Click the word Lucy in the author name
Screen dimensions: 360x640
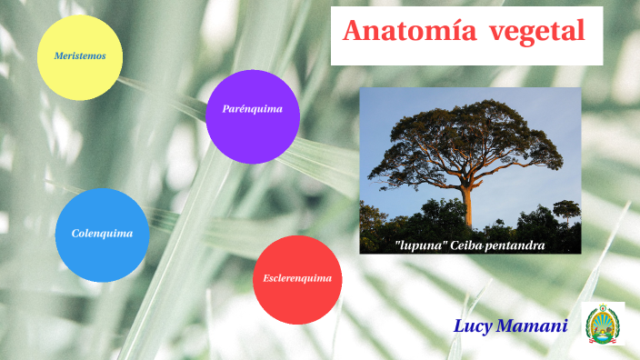pyautogui.click(x=473, y=325)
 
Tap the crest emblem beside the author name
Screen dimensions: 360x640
pyautogui.click(x=603, y=324)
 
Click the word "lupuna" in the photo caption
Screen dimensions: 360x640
pyautogui.click(x=418, y=245)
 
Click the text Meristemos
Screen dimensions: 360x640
pyautogui.click(x=79, y=56)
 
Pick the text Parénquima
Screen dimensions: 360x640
pyautogui.click(x=253, y=109)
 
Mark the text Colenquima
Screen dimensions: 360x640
pyautogui.click(x=102, y=234)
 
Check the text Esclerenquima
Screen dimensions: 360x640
pyautogui.click(x=297, y=278)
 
